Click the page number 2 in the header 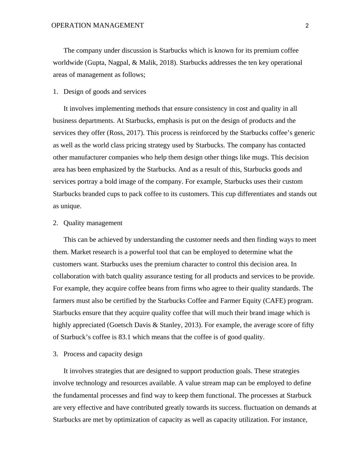click(307, 26)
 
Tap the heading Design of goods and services click(105, 92)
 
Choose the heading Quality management click(93, 223)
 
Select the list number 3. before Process click(55, 354)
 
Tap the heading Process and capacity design click(103, 354)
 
